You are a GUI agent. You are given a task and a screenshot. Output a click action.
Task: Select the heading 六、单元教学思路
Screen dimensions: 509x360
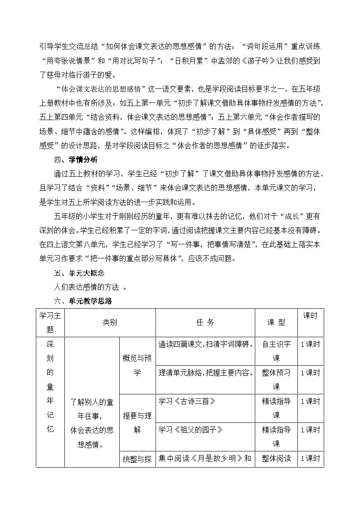click(x=83, y=301)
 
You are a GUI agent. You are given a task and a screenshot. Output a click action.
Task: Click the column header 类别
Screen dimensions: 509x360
click(x=110, y=322)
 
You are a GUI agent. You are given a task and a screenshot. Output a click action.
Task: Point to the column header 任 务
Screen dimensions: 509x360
click(x=205, y=322)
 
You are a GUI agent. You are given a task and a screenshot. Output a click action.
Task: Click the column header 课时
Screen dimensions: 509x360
click(x=311, y=316)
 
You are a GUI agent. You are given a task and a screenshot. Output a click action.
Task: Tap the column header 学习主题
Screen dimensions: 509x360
click(x=50, y=322)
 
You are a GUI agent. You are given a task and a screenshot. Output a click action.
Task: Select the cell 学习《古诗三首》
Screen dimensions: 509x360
click(x=186, y=401)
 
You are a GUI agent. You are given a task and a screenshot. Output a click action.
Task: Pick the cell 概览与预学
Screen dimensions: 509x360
click(x=137, y=365)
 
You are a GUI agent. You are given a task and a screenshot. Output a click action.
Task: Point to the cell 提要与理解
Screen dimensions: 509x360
click(x=137, y=422)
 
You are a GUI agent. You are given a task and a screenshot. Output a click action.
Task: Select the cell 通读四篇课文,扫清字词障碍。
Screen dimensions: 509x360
click(x=205, y=344)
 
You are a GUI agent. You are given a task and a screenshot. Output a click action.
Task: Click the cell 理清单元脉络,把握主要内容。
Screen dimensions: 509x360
click(x=205, y=373)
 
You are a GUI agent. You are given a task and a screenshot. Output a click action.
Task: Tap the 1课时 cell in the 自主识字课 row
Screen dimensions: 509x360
click(x=311, y=344)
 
